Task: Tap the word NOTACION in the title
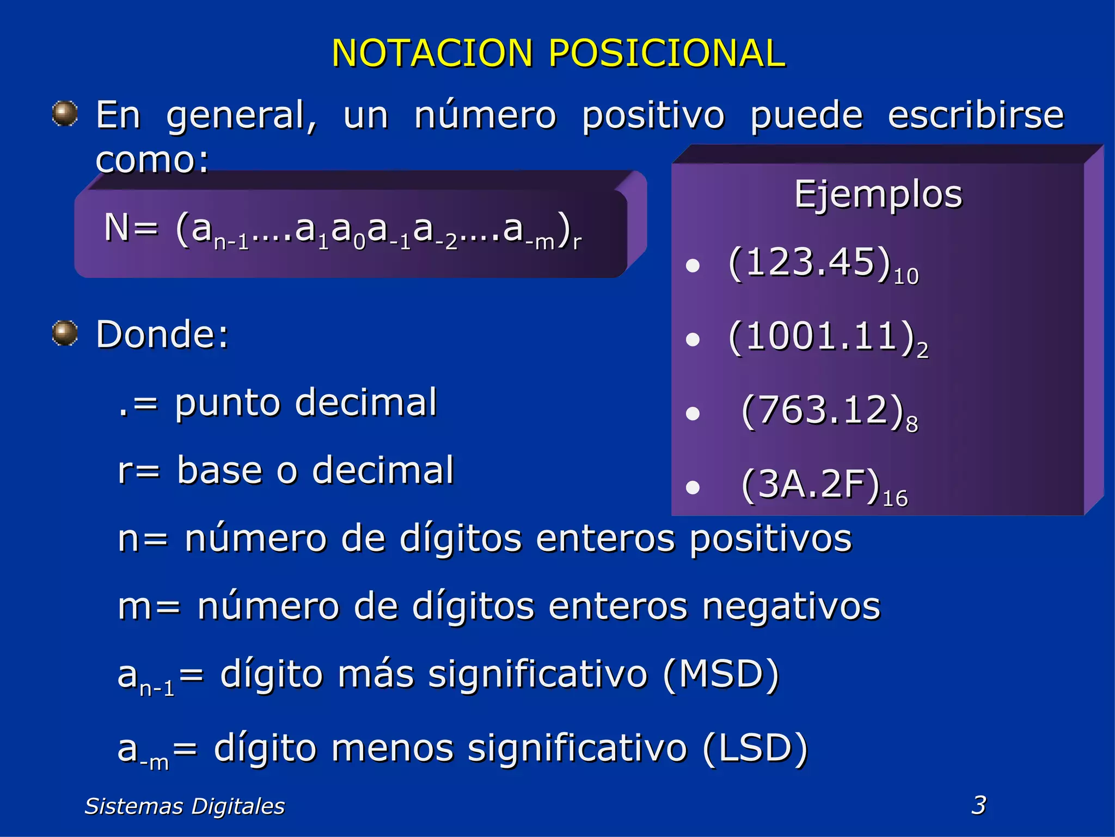pyautogui.click(x=432, y=53)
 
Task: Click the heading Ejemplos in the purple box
pyautogui.click(x=878, y=195)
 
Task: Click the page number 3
pyautogui.click(x=978, y=805)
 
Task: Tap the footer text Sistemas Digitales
pyautogui.click(x=185, y=806)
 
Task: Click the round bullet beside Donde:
pyautogui.click(x=65, y=333)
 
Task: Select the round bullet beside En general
pyautogui.click(x=65, y=114)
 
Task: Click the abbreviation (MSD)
pyautogui.click(x=721, y=675)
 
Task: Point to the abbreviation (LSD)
pyautogui.click(x=755, y=748)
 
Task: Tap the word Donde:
pyautogui.click(x=162, y=334)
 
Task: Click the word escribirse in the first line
pyautogui.click(x=976, y=116)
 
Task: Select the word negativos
pyautogui.click(x=791, y=606)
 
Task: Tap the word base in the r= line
pyautogui.click(x=220, y=470)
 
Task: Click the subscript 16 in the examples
pyautogui.click(x=895, y=499)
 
